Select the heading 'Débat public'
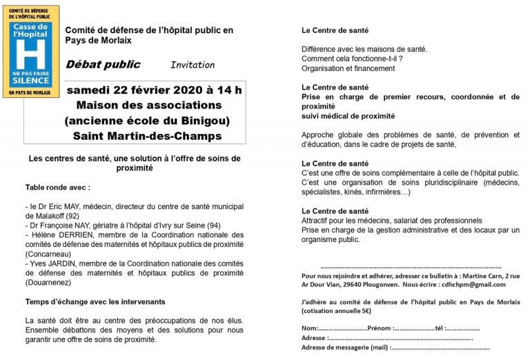(103, 65)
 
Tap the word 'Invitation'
(193, 65)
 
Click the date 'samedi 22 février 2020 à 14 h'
(154, 90)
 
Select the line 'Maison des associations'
(149, 105)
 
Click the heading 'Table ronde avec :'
(58, 188)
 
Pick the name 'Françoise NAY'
(66, 226)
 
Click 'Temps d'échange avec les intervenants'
(95, 302)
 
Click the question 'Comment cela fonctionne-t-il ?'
(352, 59)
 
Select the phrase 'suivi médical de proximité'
(349, 117)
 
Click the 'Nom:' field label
(310, 328)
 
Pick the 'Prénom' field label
(380, 328)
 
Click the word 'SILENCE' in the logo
(31, 81)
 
